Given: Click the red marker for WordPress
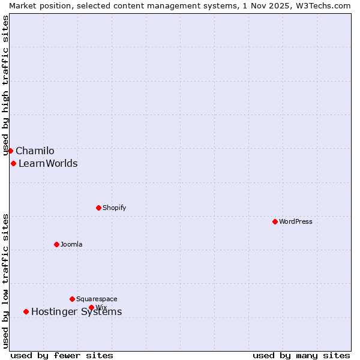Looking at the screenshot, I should tap(275, 221).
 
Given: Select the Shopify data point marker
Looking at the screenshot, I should tap(98, 208).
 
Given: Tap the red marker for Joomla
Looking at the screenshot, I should tap(56, 244).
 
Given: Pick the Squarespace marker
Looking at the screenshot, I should tap(72, 299).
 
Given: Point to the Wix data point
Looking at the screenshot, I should tap(91, 307).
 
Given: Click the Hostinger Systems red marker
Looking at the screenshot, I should tap(26, 311).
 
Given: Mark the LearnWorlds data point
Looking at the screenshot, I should tap(13, 163).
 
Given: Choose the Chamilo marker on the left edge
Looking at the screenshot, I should tap(10, 151).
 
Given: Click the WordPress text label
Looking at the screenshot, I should tap(296, 221).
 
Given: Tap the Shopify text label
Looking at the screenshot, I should tap(114, 208).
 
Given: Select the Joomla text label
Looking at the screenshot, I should tap(71, 244).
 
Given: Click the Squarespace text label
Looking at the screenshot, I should tap(97, 299).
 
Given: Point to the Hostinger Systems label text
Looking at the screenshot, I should tap(76, 311).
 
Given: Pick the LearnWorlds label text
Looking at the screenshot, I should tap(48, 164).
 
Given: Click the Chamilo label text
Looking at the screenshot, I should tap(35, 151).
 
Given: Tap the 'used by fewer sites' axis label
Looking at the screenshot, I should tap(62, 355).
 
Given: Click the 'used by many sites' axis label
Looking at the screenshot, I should tap(301, 355).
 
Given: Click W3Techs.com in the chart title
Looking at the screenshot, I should tap(322, 5).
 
